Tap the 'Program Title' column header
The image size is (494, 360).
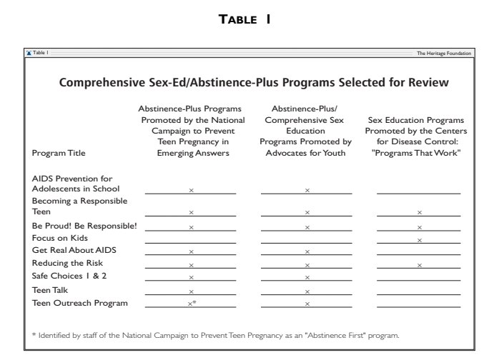tap(59, 154)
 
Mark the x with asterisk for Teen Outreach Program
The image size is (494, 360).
tap(192, 304)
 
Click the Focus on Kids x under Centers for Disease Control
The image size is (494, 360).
tap(419, 239)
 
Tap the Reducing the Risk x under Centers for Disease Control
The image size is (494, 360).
tap(419, 265)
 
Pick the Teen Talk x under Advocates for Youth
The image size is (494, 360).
tap(307, 291)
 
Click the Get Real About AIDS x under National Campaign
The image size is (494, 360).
tap(191, 252)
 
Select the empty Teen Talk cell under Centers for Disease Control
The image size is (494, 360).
tap(419, 291)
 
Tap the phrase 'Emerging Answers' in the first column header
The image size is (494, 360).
tap(191, 149)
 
